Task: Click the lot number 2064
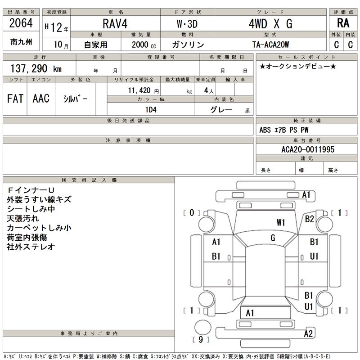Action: point(21,23)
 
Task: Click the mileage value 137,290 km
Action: point(36,68)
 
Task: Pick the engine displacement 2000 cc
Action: point(144,45)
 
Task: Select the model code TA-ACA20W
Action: point(270,45)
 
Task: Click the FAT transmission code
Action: point(15,99)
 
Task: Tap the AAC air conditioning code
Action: point(41,99)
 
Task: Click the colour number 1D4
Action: point(150,109)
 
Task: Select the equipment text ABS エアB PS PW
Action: point(284,130)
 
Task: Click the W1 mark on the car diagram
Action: point(282,222)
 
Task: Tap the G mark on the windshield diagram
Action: point(273,238)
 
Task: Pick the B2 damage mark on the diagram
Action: point(309,219)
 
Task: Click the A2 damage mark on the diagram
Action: point(308,333)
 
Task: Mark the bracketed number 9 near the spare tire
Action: point(201,339)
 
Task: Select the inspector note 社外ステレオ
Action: point(31,247)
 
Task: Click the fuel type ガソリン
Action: point(189,45)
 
